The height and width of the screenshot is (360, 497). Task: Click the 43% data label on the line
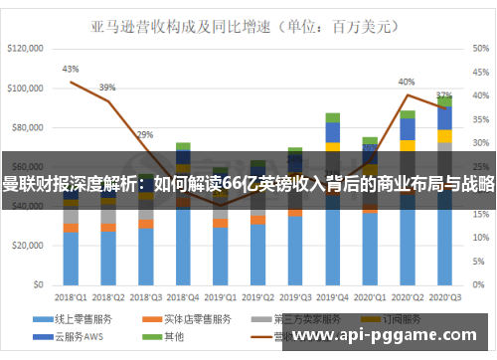71,70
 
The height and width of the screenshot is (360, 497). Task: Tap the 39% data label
107,87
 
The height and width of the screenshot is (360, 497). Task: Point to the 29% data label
145,134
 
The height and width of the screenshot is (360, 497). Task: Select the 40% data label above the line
407,82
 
